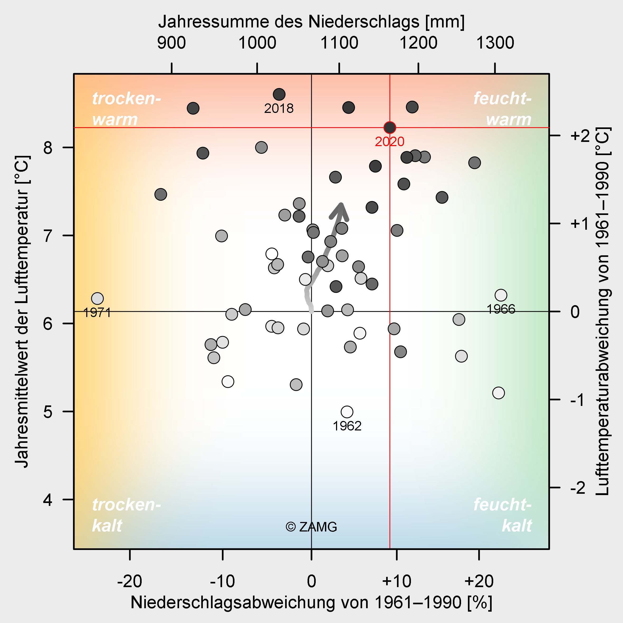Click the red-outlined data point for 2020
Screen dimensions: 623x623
click(390, 128)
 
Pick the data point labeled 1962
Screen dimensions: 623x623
click(347, 412)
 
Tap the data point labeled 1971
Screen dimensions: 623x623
click(97, 299)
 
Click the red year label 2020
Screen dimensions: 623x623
click(390, 142)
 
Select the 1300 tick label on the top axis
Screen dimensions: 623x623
click(495, 43)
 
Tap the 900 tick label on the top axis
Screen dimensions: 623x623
click(171, 43)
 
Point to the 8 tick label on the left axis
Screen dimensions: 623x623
click(48, 148)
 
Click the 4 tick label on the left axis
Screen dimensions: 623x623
click(48, 500)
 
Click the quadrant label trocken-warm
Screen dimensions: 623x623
click(126, 109)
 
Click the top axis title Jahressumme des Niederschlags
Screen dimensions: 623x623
click(311, 22)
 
